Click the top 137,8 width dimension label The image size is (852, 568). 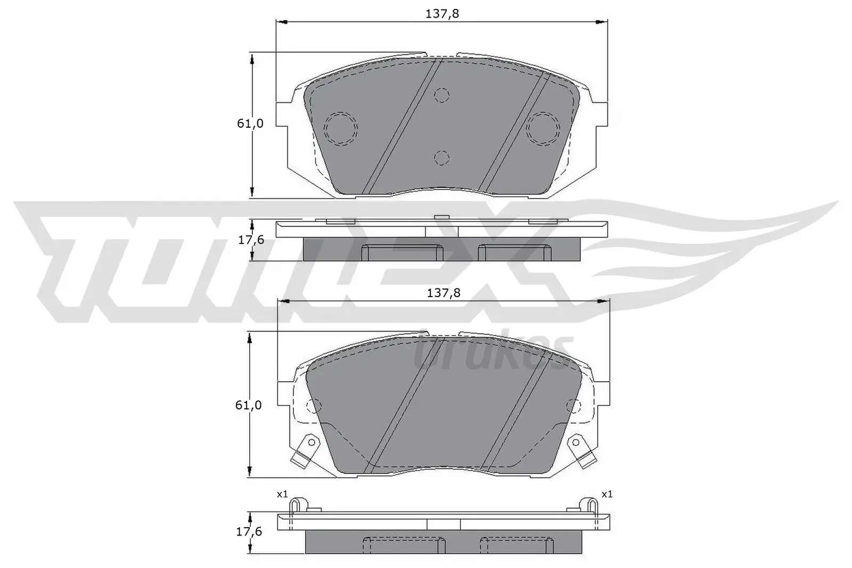(441, 14)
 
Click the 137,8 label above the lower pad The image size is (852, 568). (443, 293)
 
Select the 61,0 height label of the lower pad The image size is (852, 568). (249, 405)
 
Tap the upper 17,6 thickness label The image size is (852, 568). (251, 240)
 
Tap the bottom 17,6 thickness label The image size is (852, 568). (249, 532)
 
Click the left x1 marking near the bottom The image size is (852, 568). (282, 495)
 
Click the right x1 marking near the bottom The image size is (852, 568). (607, 495)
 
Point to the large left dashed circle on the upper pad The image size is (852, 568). (341, 129)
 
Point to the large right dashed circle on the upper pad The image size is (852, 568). (543, 129)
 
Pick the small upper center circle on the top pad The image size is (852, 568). (441, 95)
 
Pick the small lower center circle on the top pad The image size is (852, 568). (441, 158)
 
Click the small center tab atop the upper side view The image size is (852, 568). (441, 217)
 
